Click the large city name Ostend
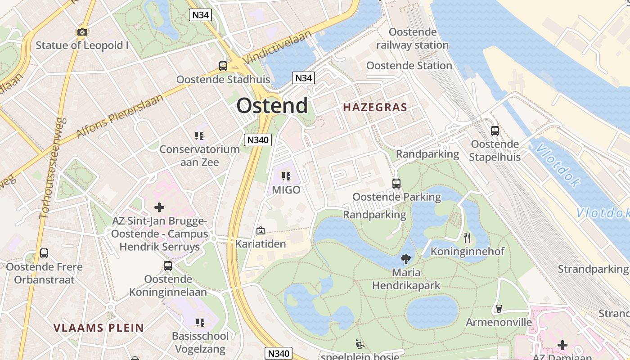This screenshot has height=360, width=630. click(272, 106)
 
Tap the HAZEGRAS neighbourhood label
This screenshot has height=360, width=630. click(375, 108)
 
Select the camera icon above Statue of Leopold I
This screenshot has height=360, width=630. click(82, 32)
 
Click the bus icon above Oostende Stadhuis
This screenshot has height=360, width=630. click(223, 66)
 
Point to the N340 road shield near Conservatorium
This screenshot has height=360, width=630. click(258, 140)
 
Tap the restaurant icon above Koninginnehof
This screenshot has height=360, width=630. click(467, 238)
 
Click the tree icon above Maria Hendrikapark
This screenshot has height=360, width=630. click(406, 259)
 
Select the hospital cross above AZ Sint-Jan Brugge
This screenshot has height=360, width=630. click(159, 207)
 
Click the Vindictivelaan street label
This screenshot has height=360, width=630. click(277, 47)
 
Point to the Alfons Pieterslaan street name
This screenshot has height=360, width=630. click(120, 116)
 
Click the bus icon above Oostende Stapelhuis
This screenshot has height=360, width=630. click(495, 131)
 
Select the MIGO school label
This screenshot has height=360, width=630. click(286, 190)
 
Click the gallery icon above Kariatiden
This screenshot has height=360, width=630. click(260, 231)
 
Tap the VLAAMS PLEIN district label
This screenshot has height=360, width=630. click(99, 328)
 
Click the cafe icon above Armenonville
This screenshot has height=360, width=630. click(498, 309)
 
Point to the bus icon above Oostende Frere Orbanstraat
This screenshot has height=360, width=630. click(44, 253)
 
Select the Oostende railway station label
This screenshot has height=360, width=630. click(413, 39)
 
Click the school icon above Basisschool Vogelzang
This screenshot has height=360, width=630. click(200, 323)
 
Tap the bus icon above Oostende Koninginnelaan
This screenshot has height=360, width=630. click(168, 266)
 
